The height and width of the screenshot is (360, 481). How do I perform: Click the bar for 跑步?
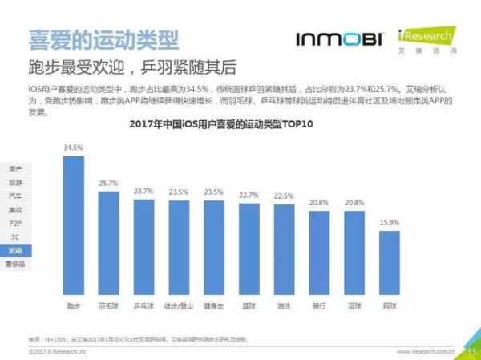[74, 224]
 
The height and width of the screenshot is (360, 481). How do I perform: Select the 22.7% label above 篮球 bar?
[249, 195]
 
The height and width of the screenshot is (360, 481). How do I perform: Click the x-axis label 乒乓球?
[144, 305]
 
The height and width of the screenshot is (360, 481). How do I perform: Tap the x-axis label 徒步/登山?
[179, 305]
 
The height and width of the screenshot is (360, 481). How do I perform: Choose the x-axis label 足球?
[355, 305]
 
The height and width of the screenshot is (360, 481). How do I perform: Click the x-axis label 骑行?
[320, 305]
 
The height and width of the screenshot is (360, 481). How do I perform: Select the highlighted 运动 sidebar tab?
[16, 249]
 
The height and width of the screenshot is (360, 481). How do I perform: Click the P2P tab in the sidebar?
[16, 222]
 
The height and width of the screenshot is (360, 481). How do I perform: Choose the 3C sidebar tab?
[16, 236]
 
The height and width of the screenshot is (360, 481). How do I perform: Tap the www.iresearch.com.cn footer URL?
[426, 351]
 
